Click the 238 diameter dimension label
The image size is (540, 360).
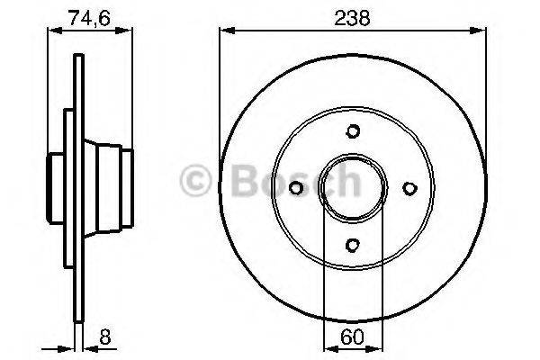[x=353, y=15]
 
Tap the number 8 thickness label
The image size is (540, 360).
[x=107, y=340]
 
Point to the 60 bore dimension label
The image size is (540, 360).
[x=354, y=340]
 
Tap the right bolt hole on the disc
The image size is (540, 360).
[x=409, y=187]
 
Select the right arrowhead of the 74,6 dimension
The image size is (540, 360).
[x=128, y=31]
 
